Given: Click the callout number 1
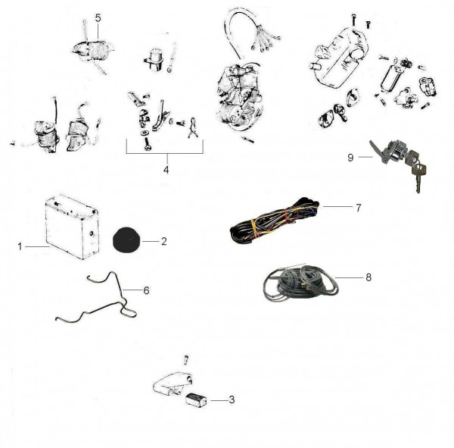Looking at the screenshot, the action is pyautogui.click(x=20, y=246).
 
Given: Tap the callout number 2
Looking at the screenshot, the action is pyautogui.click(x=164, y=241).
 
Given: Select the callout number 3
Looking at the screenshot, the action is pyautogui.click(x=232, y=399).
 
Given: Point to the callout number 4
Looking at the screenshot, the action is pyautogui.click(x=166, y=170).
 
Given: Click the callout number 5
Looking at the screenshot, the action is pyautogui.click(x=98, y=18).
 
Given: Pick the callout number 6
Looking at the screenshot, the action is pyautogui.click(x=146, y=290).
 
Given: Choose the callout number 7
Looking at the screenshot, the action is pyautogui.click(x=359, y=208).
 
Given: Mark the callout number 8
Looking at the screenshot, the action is pyautogui.click(x=368, y=277).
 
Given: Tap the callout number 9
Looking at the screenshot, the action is pyautogui.click(x=350, y=158).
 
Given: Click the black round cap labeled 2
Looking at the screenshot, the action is pyautogui.click(x=126, y=240).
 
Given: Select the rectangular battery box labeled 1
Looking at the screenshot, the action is pyautogui.click(x=73, y=227).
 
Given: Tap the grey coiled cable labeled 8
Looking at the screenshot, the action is pyautogui.click(x=300, y=283).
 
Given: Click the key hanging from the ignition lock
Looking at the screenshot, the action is pyautogui.click(x=418, y=177).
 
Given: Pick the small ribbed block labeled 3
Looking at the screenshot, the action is pyautogui.click(x=196, y=399).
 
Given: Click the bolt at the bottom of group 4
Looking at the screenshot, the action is pyautogui.click(x=148, y=144).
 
